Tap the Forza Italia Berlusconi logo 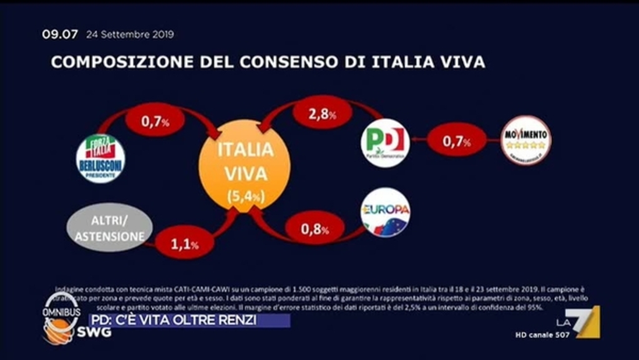(100, 158)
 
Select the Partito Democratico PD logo (385, 143)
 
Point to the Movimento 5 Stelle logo (527, 140)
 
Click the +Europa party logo (385, 212)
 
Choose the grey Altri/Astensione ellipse (110, 228)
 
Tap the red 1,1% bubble (185, 243)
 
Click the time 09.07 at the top (60, 35)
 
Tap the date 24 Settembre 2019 (130, 35)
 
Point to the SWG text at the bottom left (94, 332)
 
